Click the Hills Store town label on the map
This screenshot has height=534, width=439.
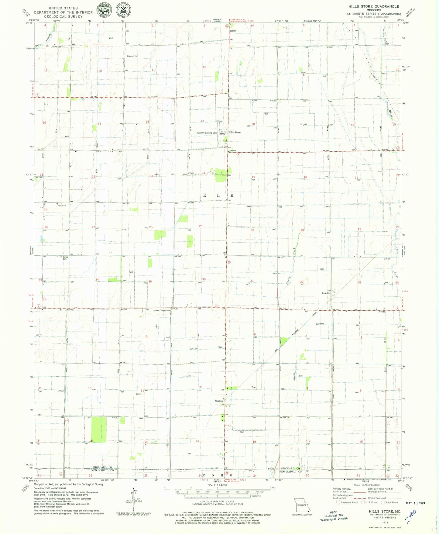234,133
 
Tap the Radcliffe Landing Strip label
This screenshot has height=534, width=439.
207,133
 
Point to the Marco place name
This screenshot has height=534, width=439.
233,31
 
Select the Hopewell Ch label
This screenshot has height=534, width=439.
132,56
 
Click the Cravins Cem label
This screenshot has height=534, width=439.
56,47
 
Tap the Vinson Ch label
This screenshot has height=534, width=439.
62,206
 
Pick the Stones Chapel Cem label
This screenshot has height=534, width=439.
162,310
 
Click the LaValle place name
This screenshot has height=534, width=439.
326,293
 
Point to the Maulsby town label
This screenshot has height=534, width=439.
219,401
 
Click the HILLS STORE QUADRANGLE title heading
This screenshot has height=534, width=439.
373,6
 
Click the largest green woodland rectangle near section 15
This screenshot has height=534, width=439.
99,429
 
